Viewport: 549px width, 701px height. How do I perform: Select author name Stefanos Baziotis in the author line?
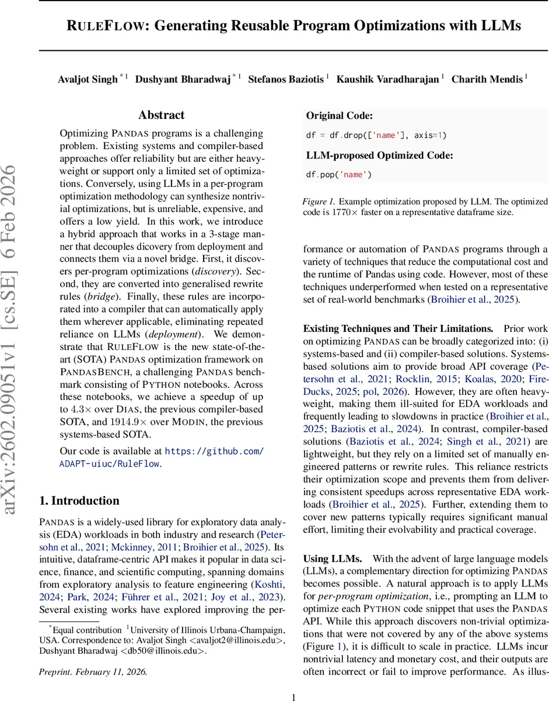pos(286,79)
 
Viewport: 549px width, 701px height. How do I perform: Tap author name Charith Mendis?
pos(487,79)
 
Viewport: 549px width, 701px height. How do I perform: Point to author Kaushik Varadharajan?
pos(387,79)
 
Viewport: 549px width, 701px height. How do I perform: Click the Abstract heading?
pos(161,115)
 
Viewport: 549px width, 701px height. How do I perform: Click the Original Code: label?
pos(340,116)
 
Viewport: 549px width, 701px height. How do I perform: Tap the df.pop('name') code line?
pos(339,174)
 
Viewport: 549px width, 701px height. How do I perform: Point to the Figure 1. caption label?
pos(318,202)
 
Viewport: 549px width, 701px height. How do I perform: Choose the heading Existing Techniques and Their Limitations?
pos(398,329)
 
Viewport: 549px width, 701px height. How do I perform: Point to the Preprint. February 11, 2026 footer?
pos(93,671)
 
